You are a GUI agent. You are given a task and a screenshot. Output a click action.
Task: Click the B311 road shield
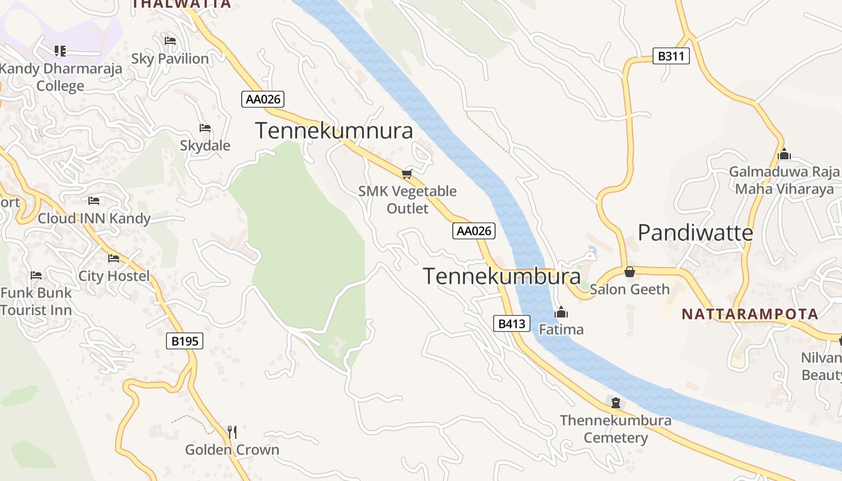click(671, 57)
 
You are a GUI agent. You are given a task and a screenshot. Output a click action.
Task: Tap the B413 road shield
click(512, 323)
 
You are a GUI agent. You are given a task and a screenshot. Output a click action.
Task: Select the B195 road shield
click(185, 342)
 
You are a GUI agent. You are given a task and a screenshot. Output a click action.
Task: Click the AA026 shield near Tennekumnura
click(263, 99)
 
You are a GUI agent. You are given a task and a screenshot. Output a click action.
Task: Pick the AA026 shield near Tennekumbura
click(474, 231)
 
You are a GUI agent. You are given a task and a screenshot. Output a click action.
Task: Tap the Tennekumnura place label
click(334, 130)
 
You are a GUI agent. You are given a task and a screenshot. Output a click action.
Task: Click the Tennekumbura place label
click(502, 276)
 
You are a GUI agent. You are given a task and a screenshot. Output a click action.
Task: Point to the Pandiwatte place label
click(695, 232)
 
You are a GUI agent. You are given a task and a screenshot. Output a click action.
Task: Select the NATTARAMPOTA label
click(750, 314)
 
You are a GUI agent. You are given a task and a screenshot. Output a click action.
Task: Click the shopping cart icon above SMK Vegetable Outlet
click(407, 174)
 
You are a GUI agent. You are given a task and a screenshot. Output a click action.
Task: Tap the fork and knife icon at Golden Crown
click(232, 432)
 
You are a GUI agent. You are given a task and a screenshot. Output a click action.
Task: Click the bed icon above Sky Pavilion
click(170, 41)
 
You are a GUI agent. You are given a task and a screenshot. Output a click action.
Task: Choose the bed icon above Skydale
click(205, 128)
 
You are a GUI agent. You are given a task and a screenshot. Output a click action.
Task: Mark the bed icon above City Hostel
click(114, 259)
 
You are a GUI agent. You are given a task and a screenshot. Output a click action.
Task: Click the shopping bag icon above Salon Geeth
click(630, 272)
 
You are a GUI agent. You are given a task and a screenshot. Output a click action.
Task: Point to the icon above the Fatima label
click(561, 312)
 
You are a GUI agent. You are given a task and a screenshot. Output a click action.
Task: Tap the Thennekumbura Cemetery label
click(616, 429)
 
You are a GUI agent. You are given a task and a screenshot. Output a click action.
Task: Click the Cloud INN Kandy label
click(94, 218)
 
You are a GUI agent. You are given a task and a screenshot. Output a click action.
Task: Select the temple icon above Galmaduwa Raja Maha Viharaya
click(784, 155)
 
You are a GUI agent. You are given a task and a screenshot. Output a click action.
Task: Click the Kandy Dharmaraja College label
click(60, 77)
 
